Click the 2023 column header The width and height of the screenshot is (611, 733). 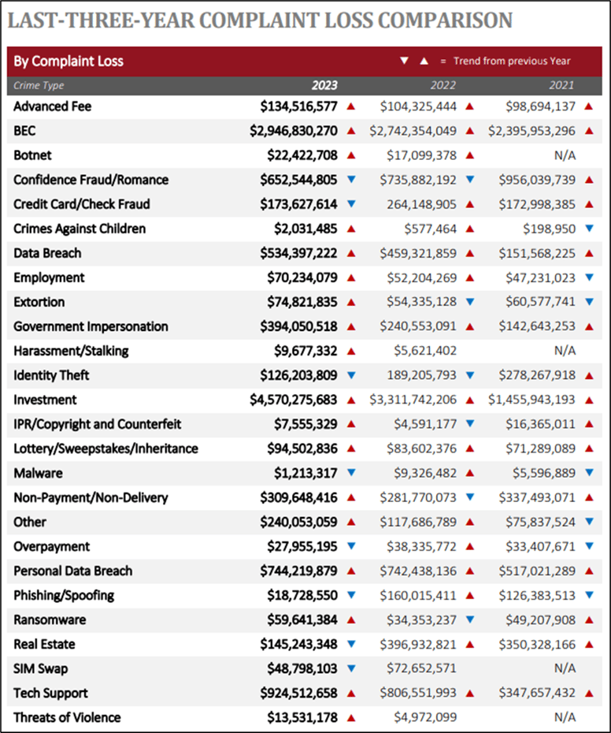[x=324, y=85]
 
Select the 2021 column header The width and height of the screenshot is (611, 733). [x=561, y=85]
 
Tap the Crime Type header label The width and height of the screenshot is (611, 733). [x=39, y=86]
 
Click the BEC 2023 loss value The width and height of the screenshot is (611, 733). [x=294, y=131]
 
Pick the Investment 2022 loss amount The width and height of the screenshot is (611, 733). [x=413, y=400]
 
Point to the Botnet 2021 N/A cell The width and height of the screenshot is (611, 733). [x=565, y=156]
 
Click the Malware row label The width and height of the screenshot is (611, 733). [x=38, y=473]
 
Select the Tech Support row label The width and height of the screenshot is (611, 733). [x=50, y=693]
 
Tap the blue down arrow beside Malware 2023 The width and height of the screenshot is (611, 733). [x=351, y=473]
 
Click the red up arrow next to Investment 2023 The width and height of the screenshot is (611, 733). [x=351, y=400]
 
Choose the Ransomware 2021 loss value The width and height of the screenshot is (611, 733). [x=540, y=620]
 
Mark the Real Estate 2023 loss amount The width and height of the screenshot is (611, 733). [x=298, y=644]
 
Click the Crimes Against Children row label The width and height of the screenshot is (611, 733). [x=80, y=229]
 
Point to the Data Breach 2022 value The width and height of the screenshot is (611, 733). [x=418, y=253]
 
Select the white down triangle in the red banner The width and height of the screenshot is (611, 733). [x=405, y=61]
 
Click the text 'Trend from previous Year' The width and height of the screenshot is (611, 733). [x=512, y=61]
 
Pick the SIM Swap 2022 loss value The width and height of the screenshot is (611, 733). [x=421, y=668]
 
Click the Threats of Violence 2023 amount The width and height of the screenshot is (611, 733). [x=302, y=717]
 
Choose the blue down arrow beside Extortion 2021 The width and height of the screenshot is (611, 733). [x=590, y=302]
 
